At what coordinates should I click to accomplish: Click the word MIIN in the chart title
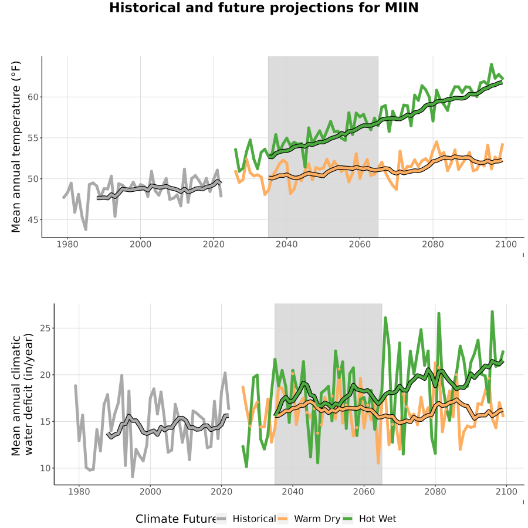pos(402,8)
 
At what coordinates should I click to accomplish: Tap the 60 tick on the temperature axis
pos(33,97)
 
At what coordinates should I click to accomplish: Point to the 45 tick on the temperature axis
pos(33,220)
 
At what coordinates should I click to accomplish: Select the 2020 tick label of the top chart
pos(214,244)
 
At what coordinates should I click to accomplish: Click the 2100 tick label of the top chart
pos(506,244)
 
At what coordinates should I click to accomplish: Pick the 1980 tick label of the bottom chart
pos(79,492)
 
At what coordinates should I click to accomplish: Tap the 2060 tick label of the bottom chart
pos(364,492)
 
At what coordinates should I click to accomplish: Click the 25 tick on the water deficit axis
pos(45,328)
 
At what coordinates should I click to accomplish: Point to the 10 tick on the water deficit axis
pos(45,468)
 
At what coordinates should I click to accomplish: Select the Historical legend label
pos(254,519)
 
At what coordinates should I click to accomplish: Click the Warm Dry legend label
pos(317,519)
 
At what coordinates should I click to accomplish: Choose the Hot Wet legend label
pos(377,519)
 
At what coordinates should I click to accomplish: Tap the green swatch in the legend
pos(347,519)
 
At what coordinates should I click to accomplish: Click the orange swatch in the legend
pos(283,519)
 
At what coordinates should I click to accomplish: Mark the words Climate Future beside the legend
pos(176,519)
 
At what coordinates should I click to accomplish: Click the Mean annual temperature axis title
pos(16,147)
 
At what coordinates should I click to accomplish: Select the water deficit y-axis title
pos(22,394)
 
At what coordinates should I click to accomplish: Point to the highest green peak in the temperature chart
pos(491,64)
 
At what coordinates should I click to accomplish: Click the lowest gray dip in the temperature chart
pos(86,229)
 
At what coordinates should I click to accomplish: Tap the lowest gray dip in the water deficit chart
pos(133,476)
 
